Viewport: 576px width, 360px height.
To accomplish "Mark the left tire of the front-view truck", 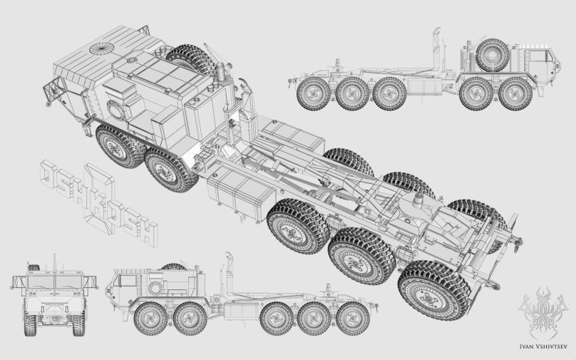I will (x=29, y=324).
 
